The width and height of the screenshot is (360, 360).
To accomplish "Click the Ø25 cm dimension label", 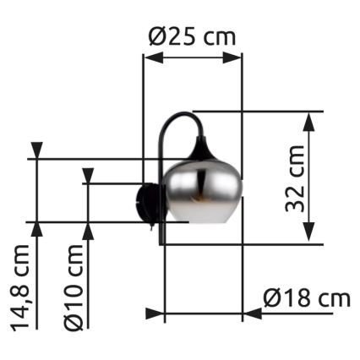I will point(192,36).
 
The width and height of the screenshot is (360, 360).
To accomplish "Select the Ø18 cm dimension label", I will point(306,298).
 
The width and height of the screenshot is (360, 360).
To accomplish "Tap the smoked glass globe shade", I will point(203,191).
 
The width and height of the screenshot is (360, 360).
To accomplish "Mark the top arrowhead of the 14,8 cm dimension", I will point(36,150).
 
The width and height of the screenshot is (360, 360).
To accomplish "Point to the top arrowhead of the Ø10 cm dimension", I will point(87,175).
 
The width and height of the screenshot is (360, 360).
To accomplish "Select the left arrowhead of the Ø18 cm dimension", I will point(155,314).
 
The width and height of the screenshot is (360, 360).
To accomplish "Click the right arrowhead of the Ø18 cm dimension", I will point(251,314).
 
